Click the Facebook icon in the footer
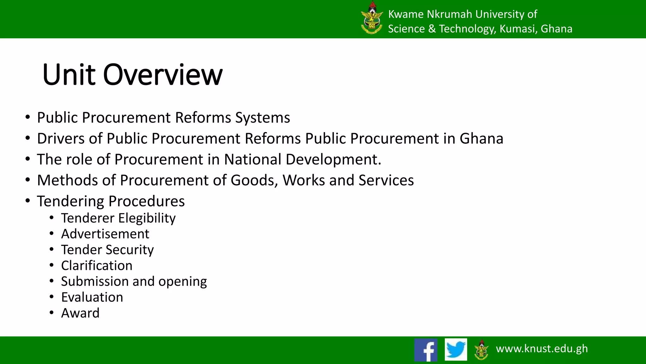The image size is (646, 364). pyautogui.click(x=426, y=350)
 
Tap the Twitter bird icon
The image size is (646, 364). pyautogui.click(x=456, y=349)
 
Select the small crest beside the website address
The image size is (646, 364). pyautogui.click(x=481, y=349)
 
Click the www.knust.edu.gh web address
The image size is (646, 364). pyautogui.click(x=542, y=348)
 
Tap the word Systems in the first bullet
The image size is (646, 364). pyautogui.click(x=262, y=118)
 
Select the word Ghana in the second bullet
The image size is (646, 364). pyautogui.click(x=481, y=138)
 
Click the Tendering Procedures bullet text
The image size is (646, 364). pyautogui.click(x=111, y=201)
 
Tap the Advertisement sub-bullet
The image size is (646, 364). pyautogui.click(x=105, y=234)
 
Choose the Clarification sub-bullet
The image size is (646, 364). pyautogui.click(x=97, y=265)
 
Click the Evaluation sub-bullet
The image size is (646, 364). pyautogui.click(x=92, y=297)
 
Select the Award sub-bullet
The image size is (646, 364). pyautogui.click(x=80, y=313)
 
